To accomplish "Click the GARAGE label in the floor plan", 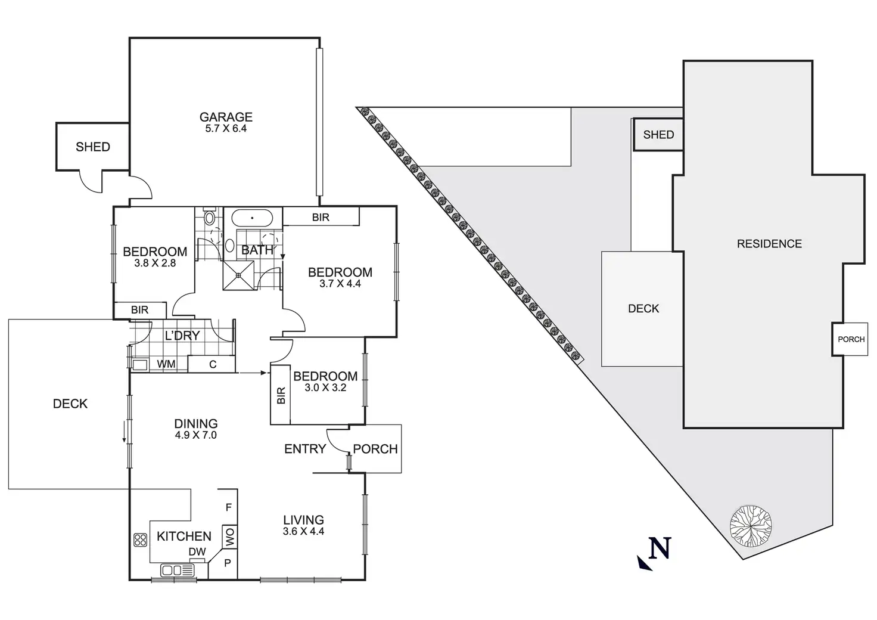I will click(x=226, y=117).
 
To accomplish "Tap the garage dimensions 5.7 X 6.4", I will click(x=226, y=128).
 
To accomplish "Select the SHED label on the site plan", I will click(x=658, y=135).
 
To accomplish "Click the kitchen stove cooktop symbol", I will click(x=141, y=540).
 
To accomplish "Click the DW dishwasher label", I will click(x=197, y=552).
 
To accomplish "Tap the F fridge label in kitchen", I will click(x=229, y=508).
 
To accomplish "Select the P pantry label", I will click(x=228, y=563).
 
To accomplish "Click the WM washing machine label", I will click(x=166, y=364).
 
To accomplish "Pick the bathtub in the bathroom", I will click(x=252, y=218).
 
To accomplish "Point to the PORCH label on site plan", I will click(x=851, y=339).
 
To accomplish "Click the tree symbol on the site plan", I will click(x=751, y=525).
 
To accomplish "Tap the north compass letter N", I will click(x=660, y=548).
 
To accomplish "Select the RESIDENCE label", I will click(x=769, y=244).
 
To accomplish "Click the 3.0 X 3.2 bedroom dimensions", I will click(x=325, y=387).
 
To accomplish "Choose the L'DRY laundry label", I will click(x=182, y=336).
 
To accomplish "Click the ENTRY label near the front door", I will click(x=305, y=449).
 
